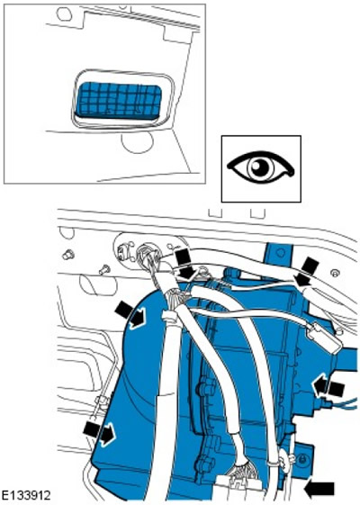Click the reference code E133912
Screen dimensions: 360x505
click(x=26, y=495)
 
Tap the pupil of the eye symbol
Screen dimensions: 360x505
click(x=260, y=167)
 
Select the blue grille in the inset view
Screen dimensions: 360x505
click(x=119, y=99)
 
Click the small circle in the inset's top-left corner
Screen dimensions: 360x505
click(x=63, y=14)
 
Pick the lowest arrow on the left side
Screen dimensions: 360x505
click(x=99, y=432)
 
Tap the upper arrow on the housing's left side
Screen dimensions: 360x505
click(x=130, y=316)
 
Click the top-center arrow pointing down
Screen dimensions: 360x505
click(x=185, y=264)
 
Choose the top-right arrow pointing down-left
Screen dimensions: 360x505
click(x=306, y=272)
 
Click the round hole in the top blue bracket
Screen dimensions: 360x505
click(x=280, y=252)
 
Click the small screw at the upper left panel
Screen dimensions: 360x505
click(x=68, y=255)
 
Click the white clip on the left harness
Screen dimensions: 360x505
click(x=170, y=316)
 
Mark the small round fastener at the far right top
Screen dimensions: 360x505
click(x=335, y=274)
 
